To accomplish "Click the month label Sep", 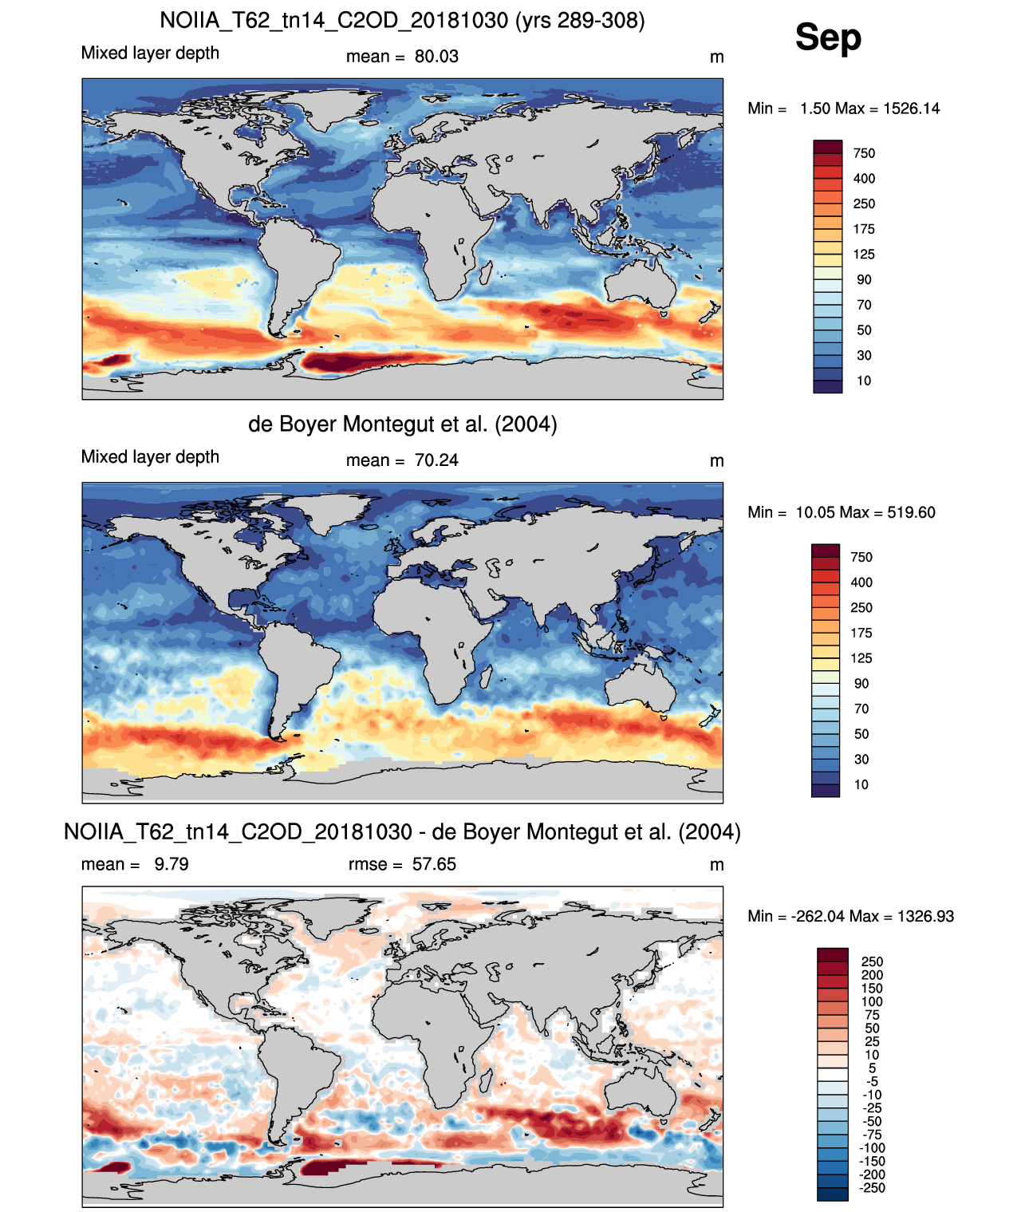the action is click(x=827, y=37).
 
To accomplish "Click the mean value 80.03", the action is click(x=436, y=57).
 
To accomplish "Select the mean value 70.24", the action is click(x=436, y=460).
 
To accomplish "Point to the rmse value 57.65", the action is click(x=434, y=863).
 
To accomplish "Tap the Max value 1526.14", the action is click(x=911, y=109).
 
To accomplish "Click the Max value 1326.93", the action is click(x=926, y=916).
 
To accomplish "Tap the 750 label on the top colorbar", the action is click(x=864, y=154).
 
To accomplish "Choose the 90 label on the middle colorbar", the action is click(x=861, y=684).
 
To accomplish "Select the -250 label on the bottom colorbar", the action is click(x=872, y=1188).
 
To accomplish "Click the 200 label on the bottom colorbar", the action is click(x=872, y=975).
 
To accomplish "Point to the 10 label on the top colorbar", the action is click(x=864, y=381).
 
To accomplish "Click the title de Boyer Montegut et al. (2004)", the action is click(x=403, y=424).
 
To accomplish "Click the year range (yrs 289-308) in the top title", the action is click(x=580, y=21).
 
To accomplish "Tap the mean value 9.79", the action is click(x=171, y=863).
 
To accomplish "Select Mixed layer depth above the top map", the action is click(x=150, y=53).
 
